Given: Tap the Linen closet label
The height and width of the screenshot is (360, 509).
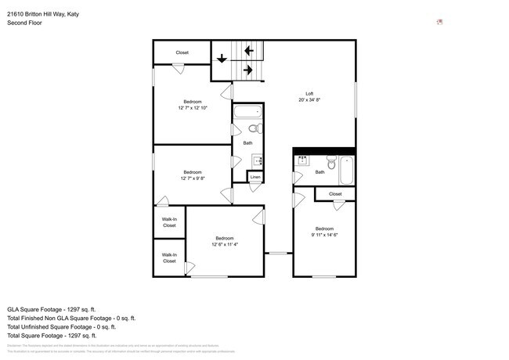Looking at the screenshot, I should [x=254, y=178].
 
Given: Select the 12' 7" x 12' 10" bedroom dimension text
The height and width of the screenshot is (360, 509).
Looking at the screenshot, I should [x=193, y=107].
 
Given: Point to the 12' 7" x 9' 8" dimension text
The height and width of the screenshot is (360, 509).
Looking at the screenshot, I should [x=193, y=178].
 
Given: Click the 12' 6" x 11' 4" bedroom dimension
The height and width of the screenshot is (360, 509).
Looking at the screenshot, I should [x=225, y=244].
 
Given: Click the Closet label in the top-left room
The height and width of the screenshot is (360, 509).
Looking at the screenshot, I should [x=182, y=52].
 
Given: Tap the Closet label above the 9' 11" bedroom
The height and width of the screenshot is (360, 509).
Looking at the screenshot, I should [x=335, y=193].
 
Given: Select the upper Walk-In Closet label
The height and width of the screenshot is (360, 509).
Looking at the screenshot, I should [x=169, y=221].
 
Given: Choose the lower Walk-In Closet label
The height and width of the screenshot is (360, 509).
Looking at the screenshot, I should [x=169, y=257].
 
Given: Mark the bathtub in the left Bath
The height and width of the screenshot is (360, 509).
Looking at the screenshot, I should [x=249, y=111].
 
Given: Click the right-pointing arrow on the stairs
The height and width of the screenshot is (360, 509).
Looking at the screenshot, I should [x=247, y=70].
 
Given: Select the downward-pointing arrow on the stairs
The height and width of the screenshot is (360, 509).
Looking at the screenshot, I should [x=222, y=58].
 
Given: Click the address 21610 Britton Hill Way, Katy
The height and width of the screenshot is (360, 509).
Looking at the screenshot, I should [x=44, y=14].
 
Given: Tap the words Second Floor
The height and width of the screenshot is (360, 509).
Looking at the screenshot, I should [x=24, y=23].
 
